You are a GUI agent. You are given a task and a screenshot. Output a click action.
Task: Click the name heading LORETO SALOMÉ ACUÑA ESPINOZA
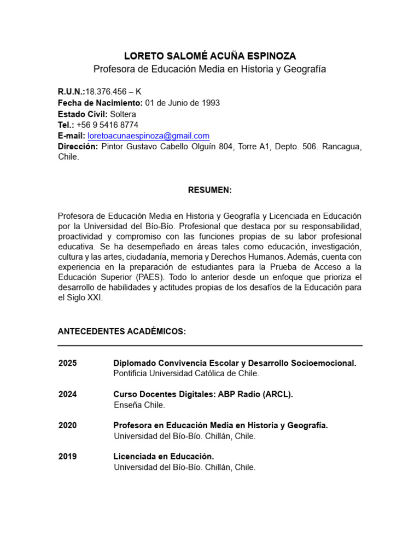[209, 56]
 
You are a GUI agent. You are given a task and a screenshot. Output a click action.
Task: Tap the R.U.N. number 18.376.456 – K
[113, 91]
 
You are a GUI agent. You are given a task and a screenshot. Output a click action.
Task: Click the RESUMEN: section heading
[210, 190]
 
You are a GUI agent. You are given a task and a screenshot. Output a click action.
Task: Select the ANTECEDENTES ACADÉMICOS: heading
[122, 332]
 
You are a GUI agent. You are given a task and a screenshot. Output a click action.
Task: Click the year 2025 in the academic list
[68, 363]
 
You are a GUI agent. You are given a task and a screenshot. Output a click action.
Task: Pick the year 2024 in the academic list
[68, 394]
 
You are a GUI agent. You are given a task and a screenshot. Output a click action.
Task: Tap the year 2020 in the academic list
[68, 425]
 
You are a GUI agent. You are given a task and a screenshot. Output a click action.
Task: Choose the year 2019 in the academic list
[68, 457]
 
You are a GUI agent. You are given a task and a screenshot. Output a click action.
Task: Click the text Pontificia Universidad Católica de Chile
[186, 374]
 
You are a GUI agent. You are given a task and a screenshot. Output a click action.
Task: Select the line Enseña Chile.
[139, 405]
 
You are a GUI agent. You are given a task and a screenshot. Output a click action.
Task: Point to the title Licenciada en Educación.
[164, 457]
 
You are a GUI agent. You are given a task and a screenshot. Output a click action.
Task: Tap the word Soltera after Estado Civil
[123, 114]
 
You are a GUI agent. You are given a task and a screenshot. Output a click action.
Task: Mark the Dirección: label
[78, 147]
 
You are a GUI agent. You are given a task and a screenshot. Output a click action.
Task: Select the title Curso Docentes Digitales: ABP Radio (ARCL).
[203, 394]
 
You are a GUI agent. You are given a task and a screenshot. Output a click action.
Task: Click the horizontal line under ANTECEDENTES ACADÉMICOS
[210, 346]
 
